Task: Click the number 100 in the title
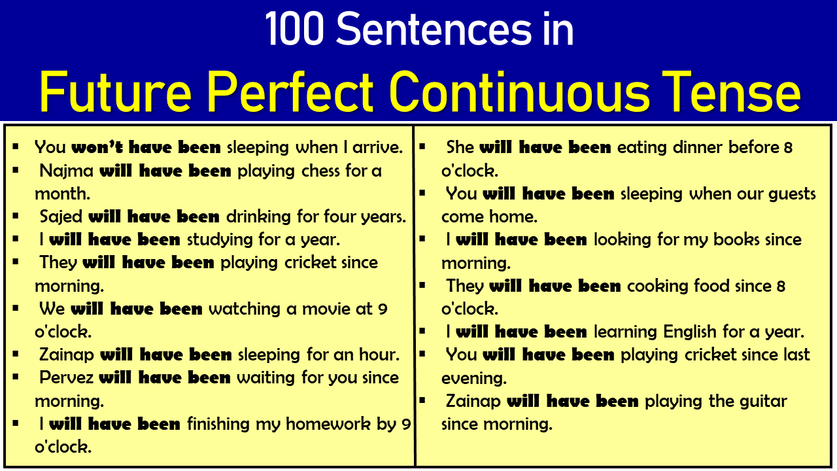(x=294, y=29)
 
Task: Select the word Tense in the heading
(x=731, y=92)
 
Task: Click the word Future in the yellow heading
(x=116, y=92)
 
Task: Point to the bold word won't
(x=97, y=147)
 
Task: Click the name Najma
(x=67, y=171)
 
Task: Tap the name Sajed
(x=61, y=217)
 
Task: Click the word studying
(x=220, y=240)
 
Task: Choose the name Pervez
(x=66, y=377)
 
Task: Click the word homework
(x=328, y=424)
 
